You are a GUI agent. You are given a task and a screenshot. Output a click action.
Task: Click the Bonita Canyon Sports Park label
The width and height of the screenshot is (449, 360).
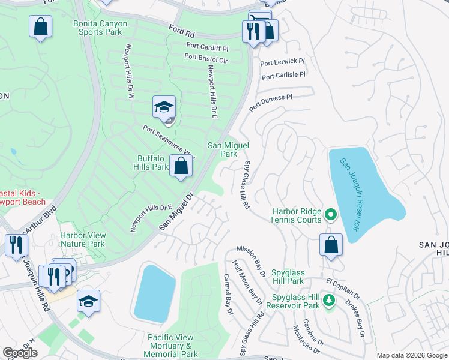tap(100, 28)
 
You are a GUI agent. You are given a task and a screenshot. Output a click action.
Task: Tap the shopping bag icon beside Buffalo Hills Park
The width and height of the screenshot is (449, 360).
tap(181, 166)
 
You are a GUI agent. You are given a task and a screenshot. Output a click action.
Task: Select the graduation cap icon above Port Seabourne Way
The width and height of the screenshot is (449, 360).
tap(163, 107)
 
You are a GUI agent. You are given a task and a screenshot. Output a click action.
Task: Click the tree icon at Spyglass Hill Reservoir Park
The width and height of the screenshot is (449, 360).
tap(328, 300)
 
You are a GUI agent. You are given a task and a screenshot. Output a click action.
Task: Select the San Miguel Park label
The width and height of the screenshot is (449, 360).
tap(228, 149)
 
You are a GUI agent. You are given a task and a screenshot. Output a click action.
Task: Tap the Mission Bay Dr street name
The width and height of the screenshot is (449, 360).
tap(251, 261)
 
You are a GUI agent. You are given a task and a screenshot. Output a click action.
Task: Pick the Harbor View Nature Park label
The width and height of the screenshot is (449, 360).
tap(82, 239)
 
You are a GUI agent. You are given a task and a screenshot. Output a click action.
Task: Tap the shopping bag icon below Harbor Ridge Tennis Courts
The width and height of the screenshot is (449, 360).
tap(331, 245)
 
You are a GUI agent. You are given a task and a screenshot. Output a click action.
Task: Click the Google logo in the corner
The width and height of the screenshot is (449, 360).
tap(20, 353)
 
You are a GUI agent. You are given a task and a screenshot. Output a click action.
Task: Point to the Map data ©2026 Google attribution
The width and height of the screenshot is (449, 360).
tap(412, 355)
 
